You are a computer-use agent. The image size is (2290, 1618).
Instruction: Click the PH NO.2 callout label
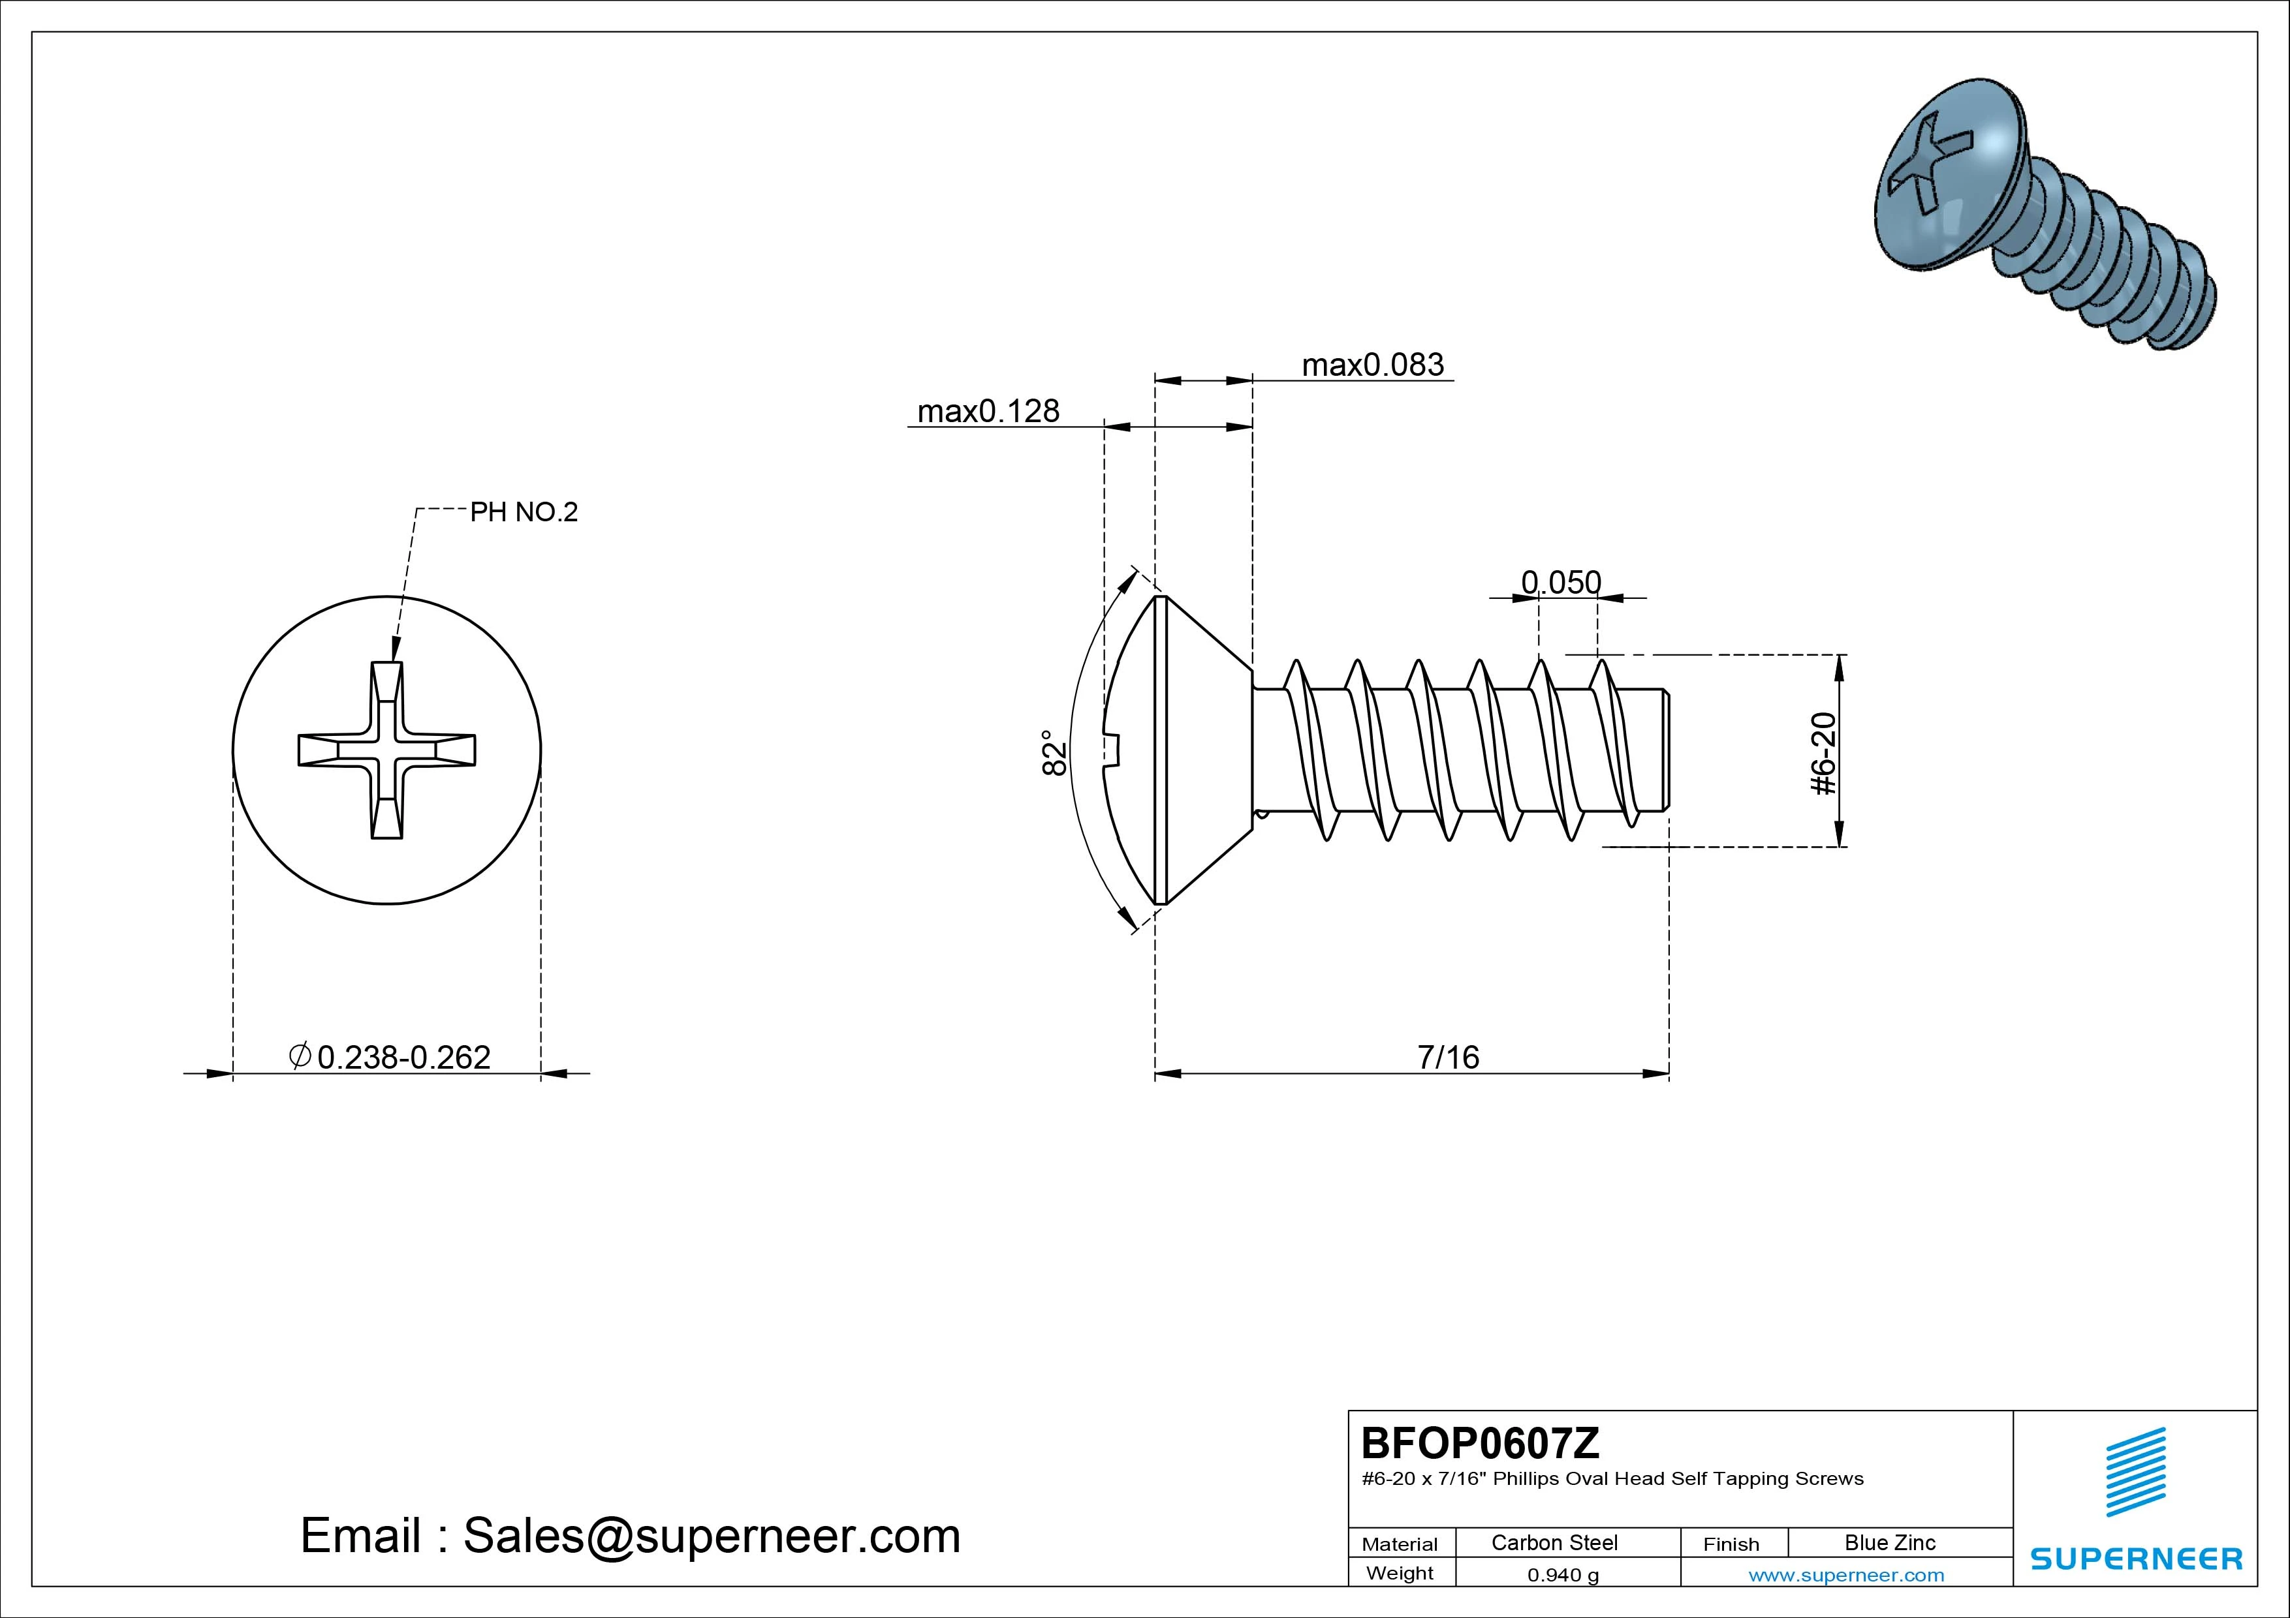[x=524, y=512]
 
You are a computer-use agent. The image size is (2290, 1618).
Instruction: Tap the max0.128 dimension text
[x=988, y=411]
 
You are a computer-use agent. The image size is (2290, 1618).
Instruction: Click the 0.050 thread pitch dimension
[x=1561, y=582]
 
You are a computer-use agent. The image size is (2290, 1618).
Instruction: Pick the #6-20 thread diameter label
[x=1823, y=754]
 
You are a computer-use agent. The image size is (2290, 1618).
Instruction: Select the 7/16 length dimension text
[x=1448, y=1057]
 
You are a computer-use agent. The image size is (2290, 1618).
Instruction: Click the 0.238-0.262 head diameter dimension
[x=403, y=1057]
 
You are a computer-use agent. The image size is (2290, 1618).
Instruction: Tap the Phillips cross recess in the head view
[x=387, y=750]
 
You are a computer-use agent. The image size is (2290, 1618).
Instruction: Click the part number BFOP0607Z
[x=1480, y=1442]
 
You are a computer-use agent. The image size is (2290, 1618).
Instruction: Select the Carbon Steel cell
[x=1554, y=1542]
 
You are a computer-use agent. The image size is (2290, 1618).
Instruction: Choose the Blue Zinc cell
[x=1889, y=1542]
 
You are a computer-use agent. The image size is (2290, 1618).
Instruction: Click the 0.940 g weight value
[x=1563, y=1575]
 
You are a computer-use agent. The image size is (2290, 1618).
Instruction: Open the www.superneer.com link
[x=1846, y=1575]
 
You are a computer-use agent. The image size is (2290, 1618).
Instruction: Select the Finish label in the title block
[x=1731, y=1544]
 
